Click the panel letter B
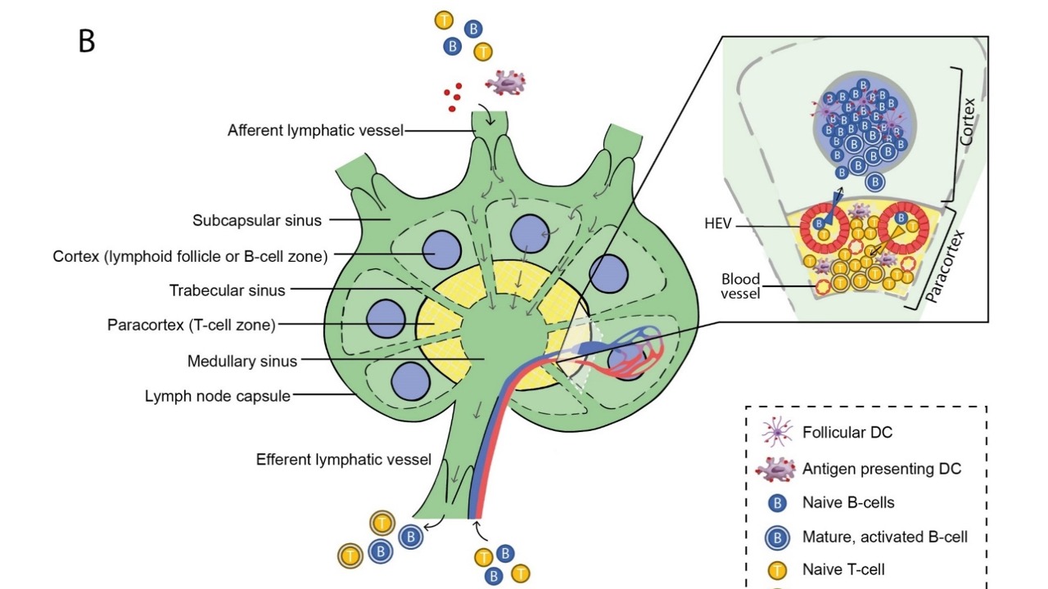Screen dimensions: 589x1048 (x=87, y=41)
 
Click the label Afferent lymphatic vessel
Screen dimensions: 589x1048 (x=315, y=130)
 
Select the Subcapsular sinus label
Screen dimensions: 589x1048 (x=257, y=220)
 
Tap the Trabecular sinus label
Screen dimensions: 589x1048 (x=227, y=290)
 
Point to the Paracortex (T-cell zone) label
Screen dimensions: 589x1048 (x=191, y=325)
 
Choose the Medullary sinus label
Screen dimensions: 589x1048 (x=242, y=361)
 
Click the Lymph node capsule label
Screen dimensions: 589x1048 (x=217, y=396)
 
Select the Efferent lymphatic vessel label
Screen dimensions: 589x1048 (x=343, y=459)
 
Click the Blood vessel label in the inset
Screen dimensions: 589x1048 (x=740, y=286)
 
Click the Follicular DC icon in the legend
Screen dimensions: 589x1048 (x=775, y=432)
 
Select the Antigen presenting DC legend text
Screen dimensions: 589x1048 (x=881, y=469)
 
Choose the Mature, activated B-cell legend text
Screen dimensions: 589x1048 (x=884, y=537)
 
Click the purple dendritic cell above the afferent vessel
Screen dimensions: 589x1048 (x=505, y=82)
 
